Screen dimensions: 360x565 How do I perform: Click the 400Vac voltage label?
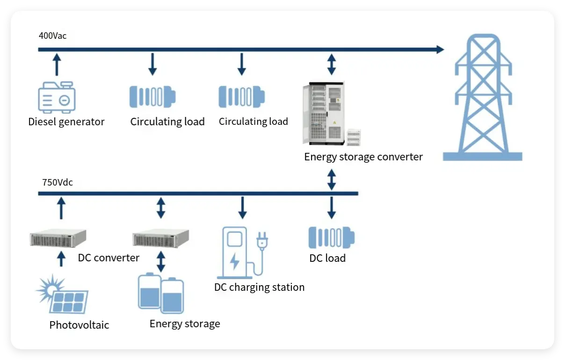click(53, 36)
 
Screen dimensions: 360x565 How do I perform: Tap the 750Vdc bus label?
click(58, 182)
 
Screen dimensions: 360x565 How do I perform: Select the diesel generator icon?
click(57, 97)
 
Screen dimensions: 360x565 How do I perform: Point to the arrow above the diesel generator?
click(57, 64)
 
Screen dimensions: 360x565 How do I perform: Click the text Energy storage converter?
click(363, 157)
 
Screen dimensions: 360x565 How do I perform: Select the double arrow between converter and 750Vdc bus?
click(332, 180)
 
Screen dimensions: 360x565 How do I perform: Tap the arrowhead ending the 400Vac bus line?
click(440, 49)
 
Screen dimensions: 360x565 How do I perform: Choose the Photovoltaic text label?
click(79, 325)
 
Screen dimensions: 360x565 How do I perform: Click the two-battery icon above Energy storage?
click(161, 294)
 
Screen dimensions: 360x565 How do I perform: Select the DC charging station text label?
click(259, 287)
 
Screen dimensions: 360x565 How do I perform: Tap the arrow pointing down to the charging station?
click(242, 208)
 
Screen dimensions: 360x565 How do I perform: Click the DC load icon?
click(331, 238)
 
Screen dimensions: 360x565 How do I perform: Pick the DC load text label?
click(327, 258)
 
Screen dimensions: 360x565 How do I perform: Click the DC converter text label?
click(109, 258)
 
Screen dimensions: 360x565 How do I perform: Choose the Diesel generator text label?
click(66, 122)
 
